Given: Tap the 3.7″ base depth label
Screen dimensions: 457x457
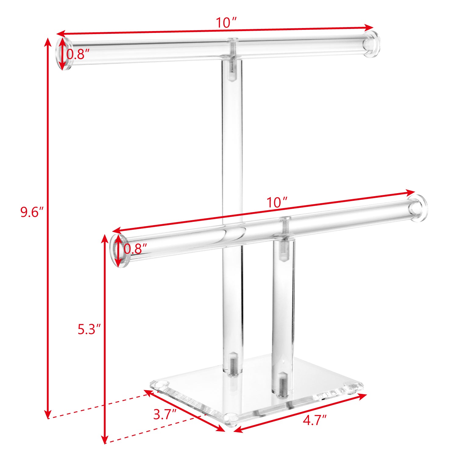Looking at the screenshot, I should pyautogui.click(x=165, y=415).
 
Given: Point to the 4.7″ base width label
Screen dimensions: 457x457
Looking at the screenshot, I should pyautogui.click(x=315, y=420).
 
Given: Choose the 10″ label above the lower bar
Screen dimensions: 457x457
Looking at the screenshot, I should pyautogui.click(x=277, y=203).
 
